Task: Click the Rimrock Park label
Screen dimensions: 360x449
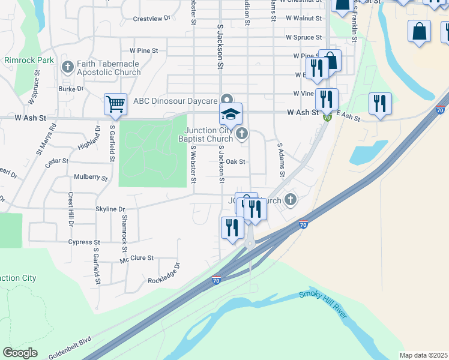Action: point(29,60)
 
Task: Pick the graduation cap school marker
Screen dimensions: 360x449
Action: point(231,113)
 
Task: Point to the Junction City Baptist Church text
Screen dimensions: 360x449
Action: point(208,135)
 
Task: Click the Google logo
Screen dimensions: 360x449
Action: point(20,353)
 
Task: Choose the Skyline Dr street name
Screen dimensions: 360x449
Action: point(110,209)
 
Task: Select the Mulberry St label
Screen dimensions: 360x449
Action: point(91,178)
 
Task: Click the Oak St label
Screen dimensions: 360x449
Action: point(235,161)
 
